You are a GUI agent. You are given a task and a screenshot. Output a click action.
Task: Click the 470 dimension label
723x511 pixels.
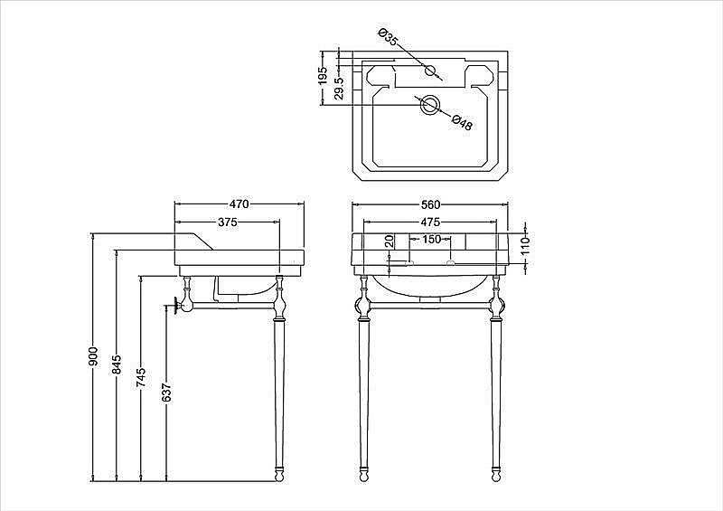pyautogui.click(x=239, y=204)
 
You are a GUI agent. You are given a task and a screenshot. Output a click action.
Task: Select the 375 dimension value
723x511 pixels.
pyautogui.click(x=228, y=222)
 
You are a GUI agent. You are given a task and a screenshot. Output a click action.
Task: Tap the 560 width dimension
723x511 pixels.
pyautogui.click(x=430, y=204)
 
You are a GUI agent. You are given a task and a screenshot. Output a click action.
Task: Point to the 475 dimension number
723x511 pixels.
pyautogui.click(x=430, y=222)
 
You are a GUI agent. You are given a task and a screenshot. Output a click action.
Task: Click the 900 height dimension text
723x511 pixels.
pyautogui.click(x=94, y=356)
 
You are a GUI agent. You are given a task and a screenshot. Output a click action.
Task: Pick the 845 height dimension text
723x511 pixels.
pyautogui.click(x=117, y=364)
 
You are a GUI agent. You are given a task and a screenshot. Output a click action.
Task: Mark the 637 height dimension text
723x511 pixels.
pyautogui.click(x=167, y=393)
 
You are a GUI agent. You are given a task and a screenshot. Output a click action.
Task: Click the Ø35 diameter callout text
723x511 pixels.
pyautogui.click(x=387, y=37)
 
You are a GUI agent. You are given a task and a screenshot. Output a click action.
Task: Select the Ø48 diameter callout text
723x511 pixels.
pyautogui.click(x=462, y=122)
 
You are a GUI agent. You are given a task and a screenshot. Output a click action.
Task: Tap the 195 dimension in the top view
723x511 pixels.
pyautogui.click(x=323, y=75)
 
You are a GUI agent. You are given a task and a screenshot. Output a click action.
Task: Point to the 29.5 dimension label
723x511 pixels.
pyautogui.click(x=339, y=88)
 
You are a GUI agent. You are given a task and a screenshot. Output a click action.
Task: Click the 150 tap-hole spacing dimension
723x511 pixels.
pyautogui.click(x=432, y=240)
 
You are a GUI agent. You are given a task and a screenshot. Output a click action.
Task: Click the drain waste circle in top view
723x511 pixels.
pyautogui.click(x=429, y=106)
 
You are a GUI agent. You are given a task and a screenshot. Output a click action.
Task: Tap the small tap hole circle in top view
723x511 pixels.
pyautogui.click(x=430, y=71)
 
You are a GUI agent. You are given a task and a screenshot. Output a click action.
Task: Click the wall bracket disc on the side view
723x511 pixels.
pyautogui.click(x=175, y=305)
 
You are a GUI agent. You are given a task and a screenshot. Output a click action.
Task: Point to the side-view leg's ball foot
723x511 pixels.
pyautogui.click(x=279, y=476)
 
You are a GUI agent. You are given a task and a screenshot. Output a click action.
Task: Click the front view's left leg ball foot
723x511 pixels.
pyautogui.click(x=363, y=476)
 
